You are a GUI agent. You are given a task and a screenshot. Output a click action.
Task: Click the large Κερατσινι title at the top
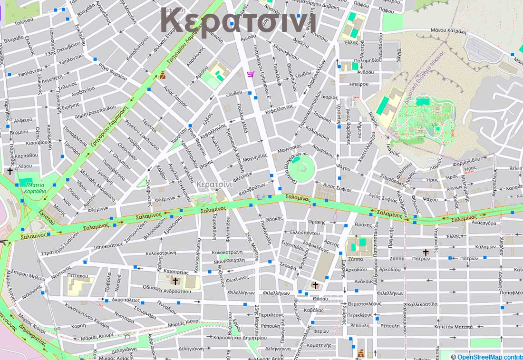pyautogui.click(x=238, y=21)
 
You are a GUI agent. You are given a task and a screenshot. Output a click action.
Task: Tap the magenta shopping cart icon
pyautogui.click(x=251, y=74)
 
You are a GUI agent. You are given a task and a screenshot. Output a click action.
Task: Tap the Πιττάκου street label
pyautogui.click(x=77, y=275)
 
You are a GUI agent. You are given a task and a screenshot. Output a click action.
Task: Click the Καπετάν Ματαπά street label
pyautogui.click(x=453, y=327)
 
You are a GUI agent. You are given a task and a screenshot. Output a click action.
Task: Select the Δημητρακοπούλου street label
pyautogui.click(x=96, y=108)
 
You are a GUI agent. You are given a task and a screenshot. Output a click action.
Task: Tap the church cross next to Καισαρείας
pyautogui.click(x=175, y=281)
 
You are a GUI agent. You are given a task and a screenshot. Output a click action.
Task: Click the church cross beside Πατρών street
pyautogui.click(x=426, y=253)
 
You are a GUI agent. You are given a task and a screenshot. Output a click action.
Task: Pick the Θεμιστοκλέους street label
pyautogui.click(x=364, y=303)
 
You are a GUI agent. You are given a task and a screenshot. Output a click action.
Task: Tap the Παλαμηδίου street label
pyautogui.click(x=368, y=60)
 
